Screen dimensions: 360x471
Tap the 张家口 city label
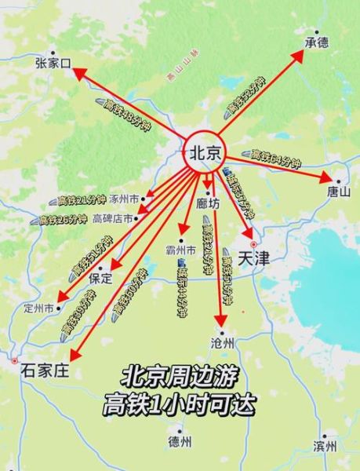(53, 62)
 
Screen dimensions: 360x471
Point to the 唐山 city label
(340, 191)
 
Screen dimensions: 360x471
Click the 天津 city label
(253, 258)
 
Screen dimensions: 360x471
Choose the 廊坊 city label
(208, 203)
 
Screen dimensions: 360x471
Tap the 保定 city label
(100, 278)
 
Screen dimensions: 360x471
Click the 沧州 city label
(224, 342)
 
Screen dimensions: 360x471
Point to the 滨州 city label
(324, 446)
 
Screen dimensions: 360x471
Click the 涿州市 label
(123, 199)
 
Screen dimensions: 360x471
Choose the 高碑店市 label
(113, 218)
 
